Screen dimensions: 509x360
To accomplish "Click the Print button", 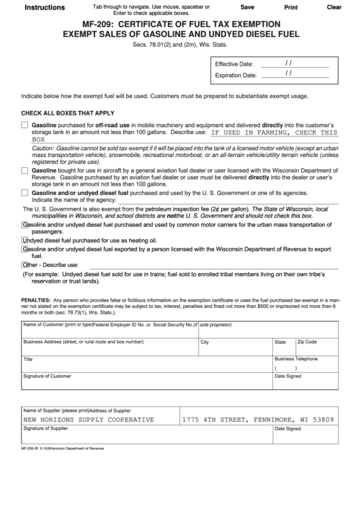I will [291, 7].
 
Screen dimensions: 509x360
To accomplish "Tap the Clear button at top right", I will [334, 7].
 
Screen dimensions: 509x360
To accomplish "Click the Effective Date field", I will [295, 63].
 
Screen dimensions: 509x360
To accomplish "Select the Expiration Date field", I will [295, 74].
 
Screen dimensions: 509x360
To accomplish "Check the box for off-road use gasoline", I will [25, 126].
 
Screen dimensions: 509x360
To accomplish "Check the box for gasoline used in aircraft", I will [25, 171].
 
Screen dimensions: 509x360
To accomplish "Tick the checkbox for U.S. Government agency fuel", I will [25, 193].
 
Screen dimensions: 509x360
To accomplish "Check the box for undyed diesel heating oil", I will [25, 240].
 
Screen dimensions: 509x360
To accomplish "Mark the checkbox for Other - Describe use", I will [25, 264].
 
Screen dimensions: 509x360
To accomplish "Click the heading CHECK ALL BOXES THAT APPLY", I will [68, 113].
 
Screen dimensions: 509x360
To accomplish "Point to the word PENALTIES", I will [35, 300].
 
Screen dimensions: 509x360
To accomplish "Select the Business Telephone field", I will [306, 367].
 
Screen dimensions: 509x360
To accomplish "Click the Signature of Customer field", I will [145, 383].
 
